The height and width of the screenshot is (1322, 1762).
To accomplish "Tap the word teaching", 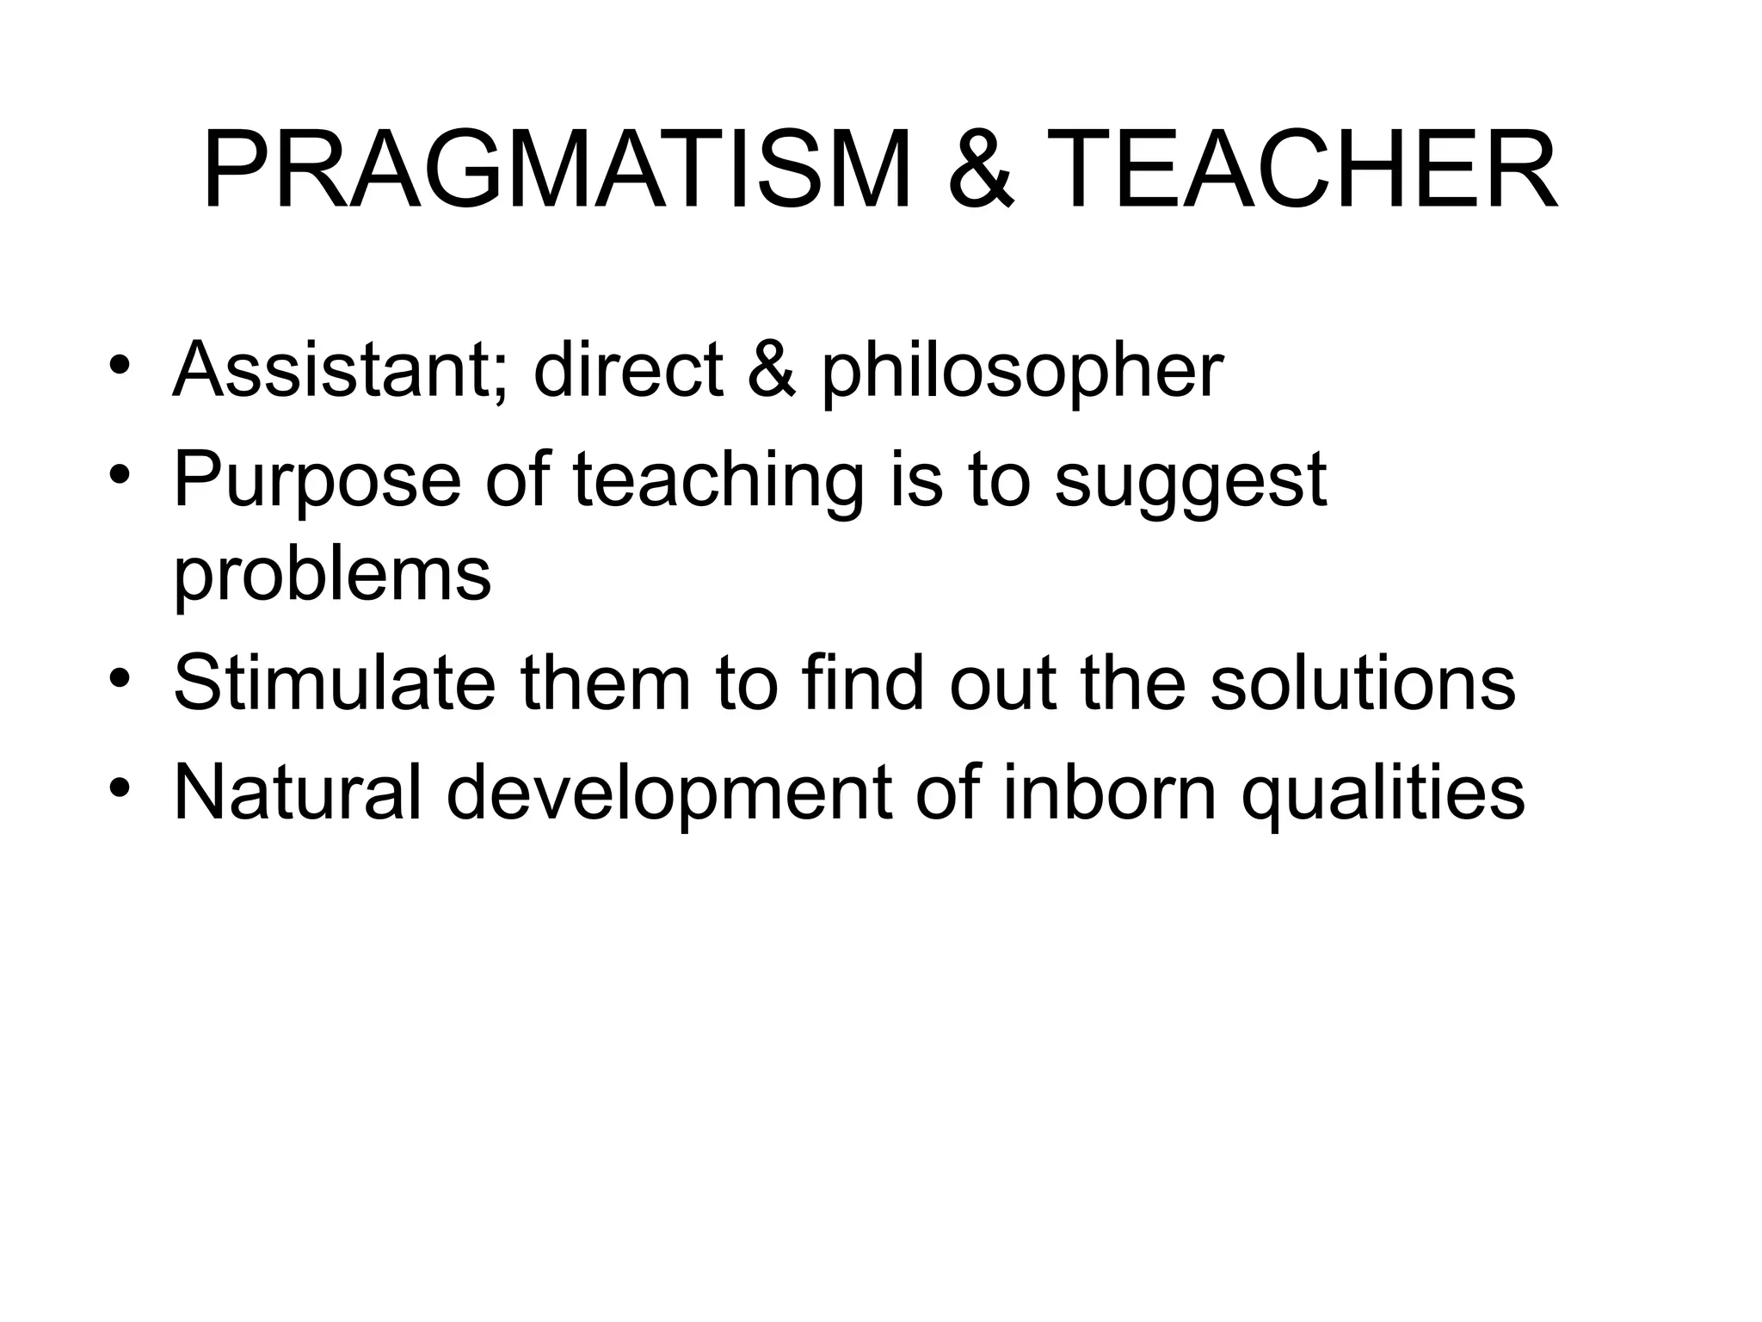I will pyautogui.click(x=718, y=483).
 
